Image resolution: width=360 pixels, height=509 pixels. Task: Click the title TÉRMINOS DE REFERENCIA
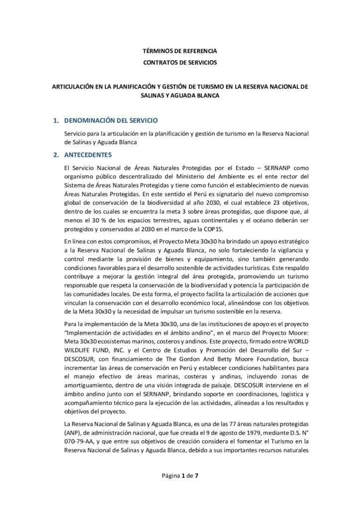click(180, 51)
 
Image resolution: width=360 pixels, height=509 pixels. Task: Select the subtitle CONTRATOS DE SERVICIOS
click(180, 63)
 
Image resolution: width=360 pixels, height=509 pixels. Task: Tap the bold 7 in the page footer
click(196, 476)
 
